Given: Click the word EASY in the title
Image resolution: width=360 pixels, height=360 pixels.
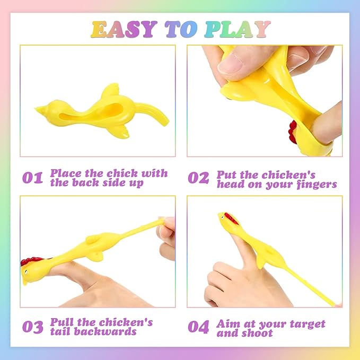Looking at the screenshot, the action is coord(124,29).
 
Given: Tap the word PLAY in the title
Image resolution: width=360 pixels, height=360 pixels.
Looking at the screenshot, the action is coord(238,29).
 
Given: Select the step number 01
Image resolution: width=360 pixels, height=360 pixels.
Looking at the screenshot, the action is coord(32,178).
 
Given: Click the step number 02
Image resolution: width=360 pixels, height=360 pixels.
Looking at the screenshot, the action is coord(198,178).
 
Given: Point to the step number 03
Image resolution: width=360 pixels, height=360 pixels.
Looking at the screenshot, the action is coord(32,327).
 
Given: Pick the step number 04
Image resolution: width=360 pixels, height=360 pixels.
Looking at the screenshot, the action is coord(198,327).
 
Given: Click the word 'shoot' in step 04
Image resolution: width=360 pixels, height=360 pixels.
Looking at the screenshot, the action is coord(258,333).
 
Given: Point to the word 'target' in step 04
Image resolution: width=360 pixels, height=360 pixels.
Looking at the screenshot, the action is coord(307,324).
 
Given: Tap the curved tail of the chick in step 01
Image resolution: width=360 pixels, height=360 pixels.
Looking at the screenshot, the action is coord(153,112).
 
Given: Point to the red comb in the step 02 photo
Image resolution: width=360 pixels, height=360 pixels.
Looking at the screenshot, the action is coord(293,132).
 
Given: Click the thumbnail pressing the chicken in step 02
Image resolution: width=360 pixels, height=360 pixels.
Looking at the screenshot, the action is coord(230,64).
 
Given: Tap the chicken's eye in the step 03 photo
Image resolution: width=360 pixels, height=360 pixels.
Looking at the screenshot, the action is coord(26,272).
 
